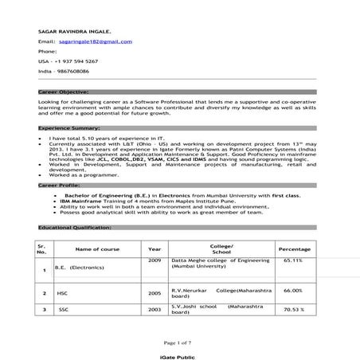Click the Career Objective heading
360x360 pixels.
(64, 92)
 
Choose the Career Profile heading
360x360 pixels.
(60, 184)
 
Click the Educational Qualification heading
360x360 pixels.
(74, 228)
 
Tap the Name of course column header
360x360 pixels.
(97, 249)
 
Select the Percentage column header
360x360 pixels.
(295, 249)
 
